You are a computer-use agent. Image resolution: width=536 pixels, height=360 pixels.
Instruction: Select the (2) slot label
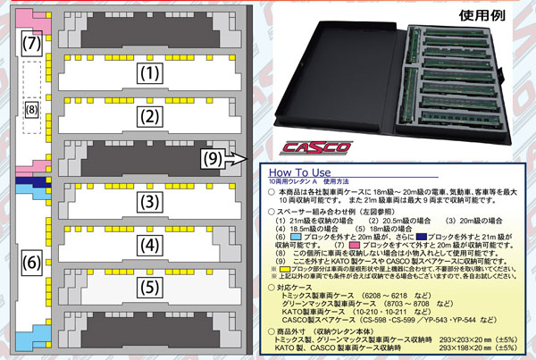[x=153, y=116]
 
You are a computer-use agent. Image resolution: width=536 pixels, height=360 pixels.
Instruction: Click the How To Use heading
[x=311, y=172]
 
